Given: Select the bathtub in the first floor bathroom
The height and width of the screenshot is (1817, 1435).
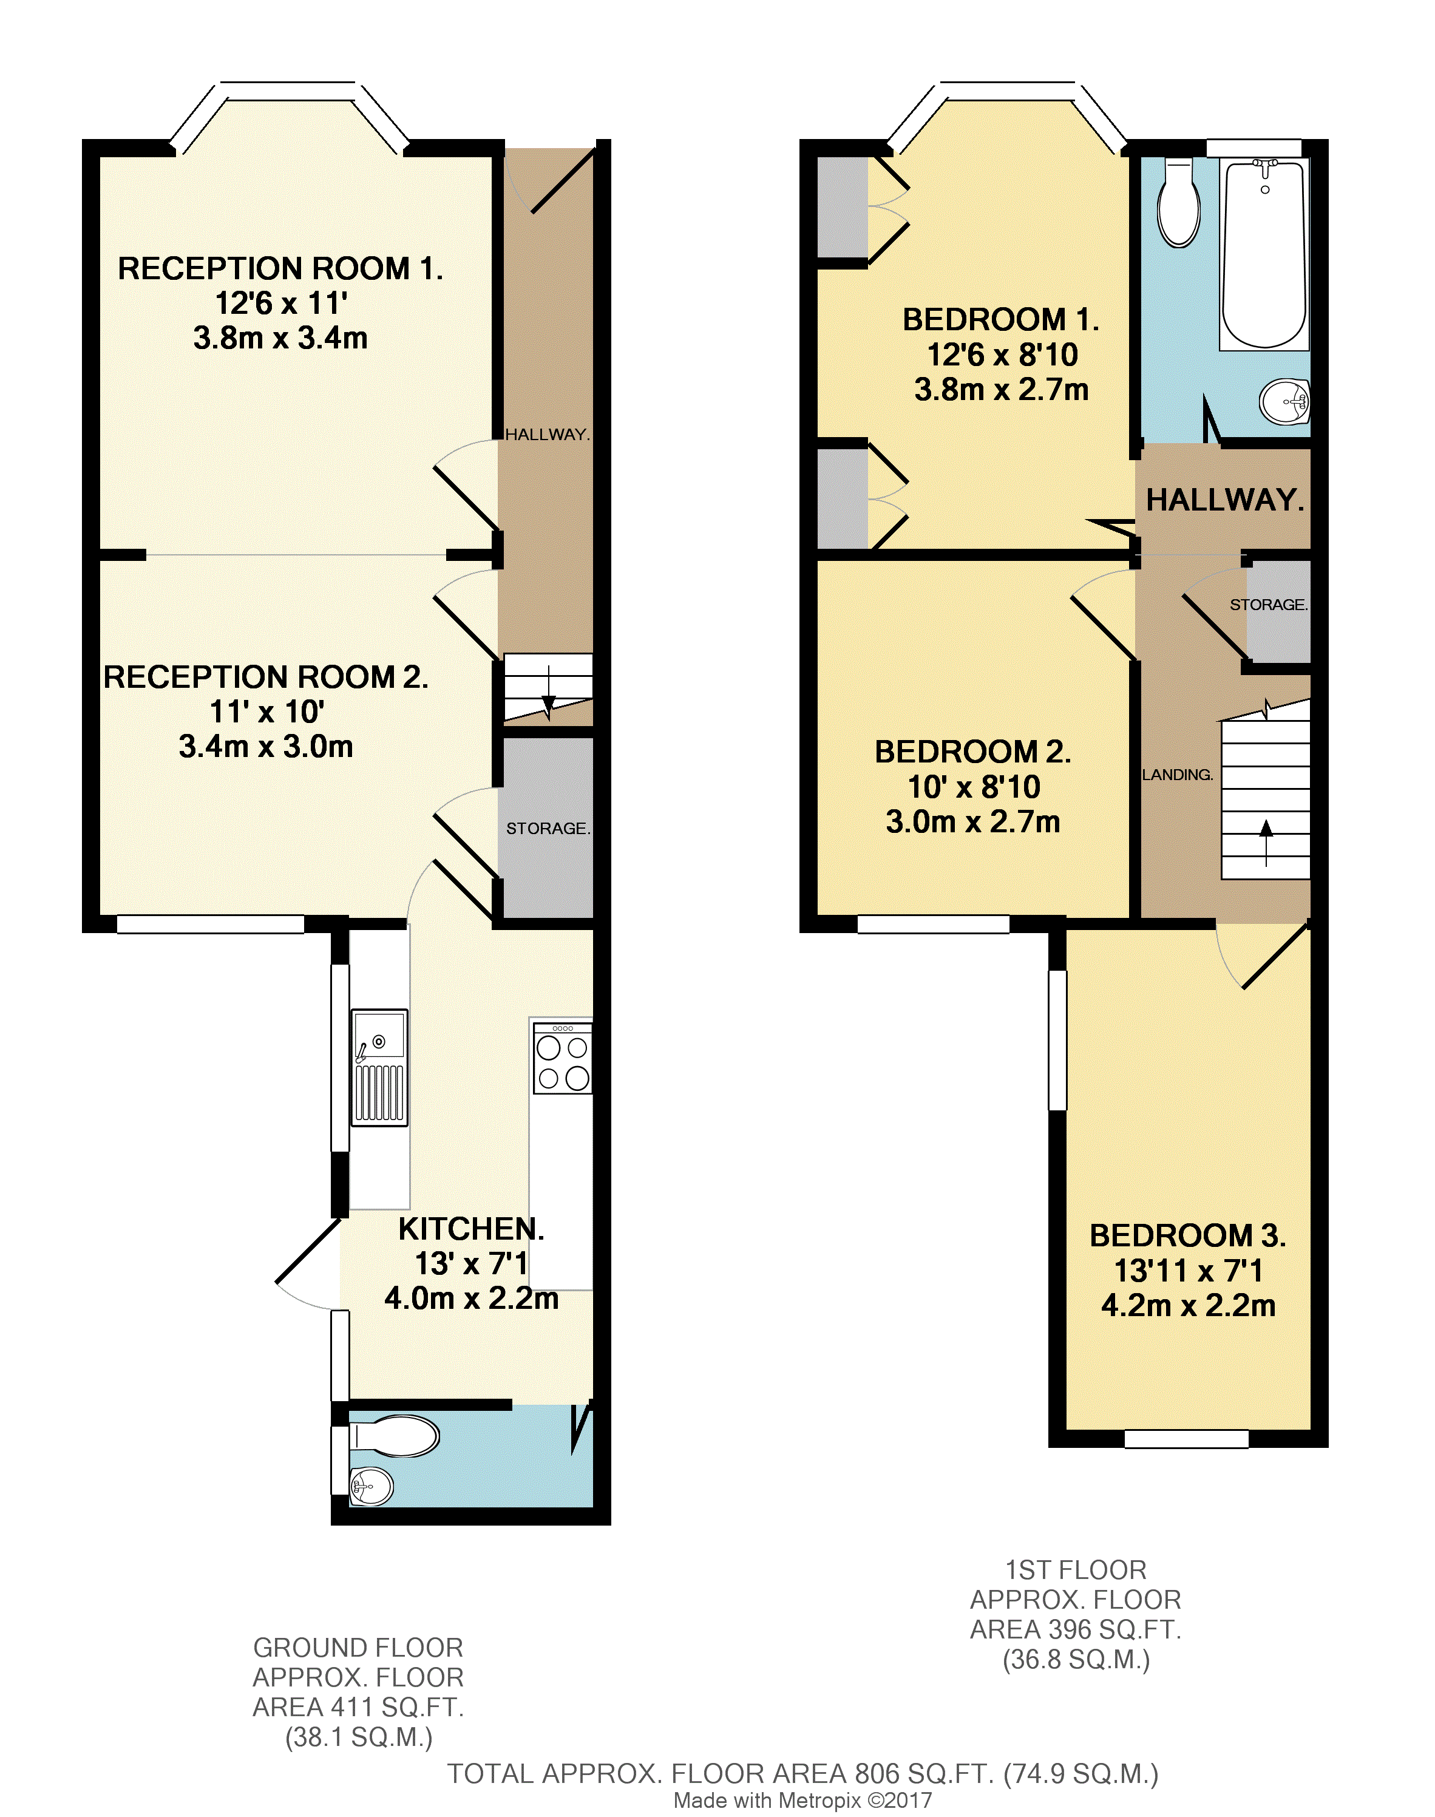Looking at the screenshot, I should (x=1264, y=254).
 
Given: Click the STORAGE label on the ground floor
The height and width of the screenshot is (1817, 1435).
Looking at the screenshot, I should (x=548, y=828).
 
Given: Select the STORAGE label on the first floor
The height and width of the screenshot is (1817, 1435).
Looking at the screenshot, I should (x=1268, y=605).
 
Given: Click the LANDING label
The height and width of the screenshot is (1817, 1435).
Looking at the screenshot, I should (x=1177, y=775).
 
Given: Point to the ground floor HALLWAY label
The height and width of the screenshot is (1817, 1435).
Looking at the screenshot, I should (x=547, y=434).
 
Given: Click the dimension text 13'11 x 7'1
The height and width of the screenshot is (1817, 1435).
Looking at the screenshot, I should (x=1188, y=1271).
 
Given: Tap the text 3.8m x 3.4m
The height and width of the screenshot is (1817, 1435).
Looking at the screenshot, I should (x=280, y=338).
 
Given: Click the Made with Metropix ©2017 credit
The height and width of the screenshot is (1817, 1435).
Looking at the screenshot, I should (x=802, y=1800).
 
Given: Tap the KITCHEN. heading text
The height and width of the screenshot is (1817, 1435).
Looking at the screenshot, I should (x=470, y=1229).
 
